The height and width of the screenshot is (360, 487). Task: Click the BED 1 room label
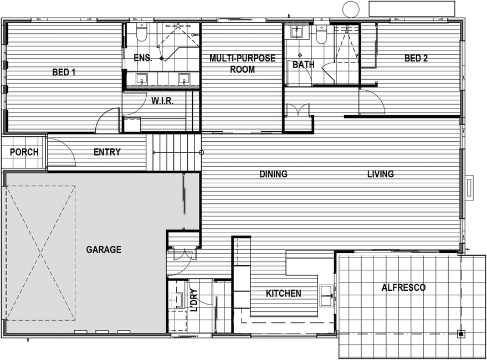click(x=64, y=73)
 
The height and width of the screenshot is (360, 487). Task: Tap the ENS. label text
click(x=143, y=58)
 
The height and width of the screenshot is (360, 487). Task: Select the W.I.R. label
click(x=162, y=101)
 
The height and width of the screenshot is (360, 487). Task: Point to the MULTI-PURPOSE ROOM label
click(x=243, y=64)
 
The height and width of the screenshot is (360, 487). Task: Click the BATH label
click(x=304, y=65)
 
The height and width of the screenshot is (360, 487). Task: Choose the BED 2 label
click(x=416, y=58)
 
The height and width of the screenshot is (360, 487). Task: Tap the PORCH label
click(x=24, y=152)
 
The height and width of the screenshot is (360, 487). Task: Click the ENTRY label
click(x=107, y=152)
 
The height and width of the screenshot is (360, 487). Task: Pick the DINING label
click(x=273, y=174)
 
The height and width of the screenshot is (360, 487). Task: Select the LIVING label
click(x=381, y=174)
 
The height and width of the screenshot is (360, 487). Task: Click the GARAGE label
click(x=104, y=249)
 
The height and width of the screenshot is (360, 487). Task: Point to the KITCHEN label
click(x=284, y=293)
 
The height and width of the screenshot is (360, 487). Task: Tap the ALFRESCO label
click(x=403, y=287)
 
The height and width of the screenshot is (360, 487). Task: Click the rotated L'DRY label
click(x=193, y=300)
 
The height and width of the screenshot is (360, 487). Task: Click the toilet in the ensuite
click(x=142, y=32)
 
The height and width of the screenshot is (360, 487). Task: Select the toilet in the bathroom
click(x=321, y=35)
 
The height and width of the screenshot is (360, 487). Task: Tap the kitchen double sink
click(x=327, y=296)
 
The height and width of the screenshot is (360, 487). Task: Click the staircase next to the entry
click(x=173, y=152)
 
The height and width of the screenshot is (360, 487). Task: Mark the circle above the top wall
click(x=351, y=9)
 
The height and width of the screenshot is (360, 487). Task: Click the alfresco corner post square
click(x=461, y=334)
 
